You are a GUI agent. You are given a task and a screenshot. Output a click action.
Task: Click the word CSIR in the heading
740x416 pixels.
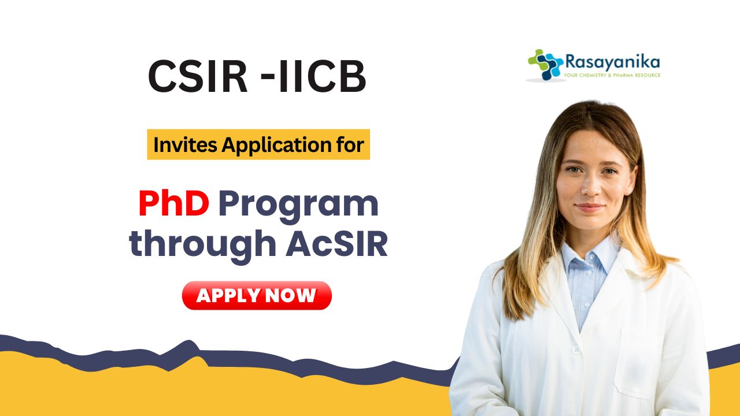[198, 76]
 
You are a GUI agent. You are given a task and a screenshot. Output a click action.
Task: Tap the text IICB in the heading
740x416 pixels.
[323, 76]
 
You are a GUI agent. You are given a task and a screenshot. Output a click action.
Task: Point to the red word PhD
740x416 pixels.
[174, 203]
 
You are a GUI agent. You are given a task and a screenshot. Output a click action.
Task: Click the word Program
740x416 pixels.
[298, 207]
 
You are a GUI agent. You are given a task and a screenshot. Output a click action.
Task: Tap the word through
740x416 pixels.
[202, 246]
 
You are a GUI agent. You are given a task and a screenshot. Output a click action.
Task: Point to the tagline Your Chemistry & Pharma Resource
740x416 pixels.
[612, 75]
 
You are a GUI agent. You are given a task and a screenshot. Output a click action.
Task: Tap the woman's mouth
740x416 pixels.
[590, 207]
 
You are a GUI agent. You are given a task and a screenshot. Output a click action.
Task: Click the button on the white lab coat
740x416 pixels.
[576, 350]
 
